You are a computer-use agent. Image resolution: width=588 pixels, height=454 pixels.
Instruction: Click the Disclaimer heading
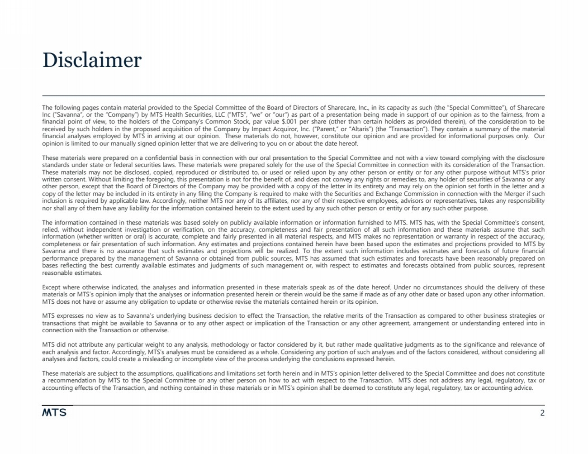pyautogui.click(x=92, y=60)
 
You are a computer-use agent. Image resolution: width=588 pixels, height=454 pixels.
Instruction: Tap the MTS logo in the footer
pyautogui.click(x=54, y=412)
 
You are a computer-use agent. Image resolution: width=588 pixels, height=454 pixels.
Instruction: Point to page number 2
pyautogui.click(x=542, y=413)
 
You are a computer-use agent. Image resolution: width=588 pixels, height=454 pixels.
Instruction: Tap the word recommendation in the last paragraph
pyautogui.click(x=69, y=381)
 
